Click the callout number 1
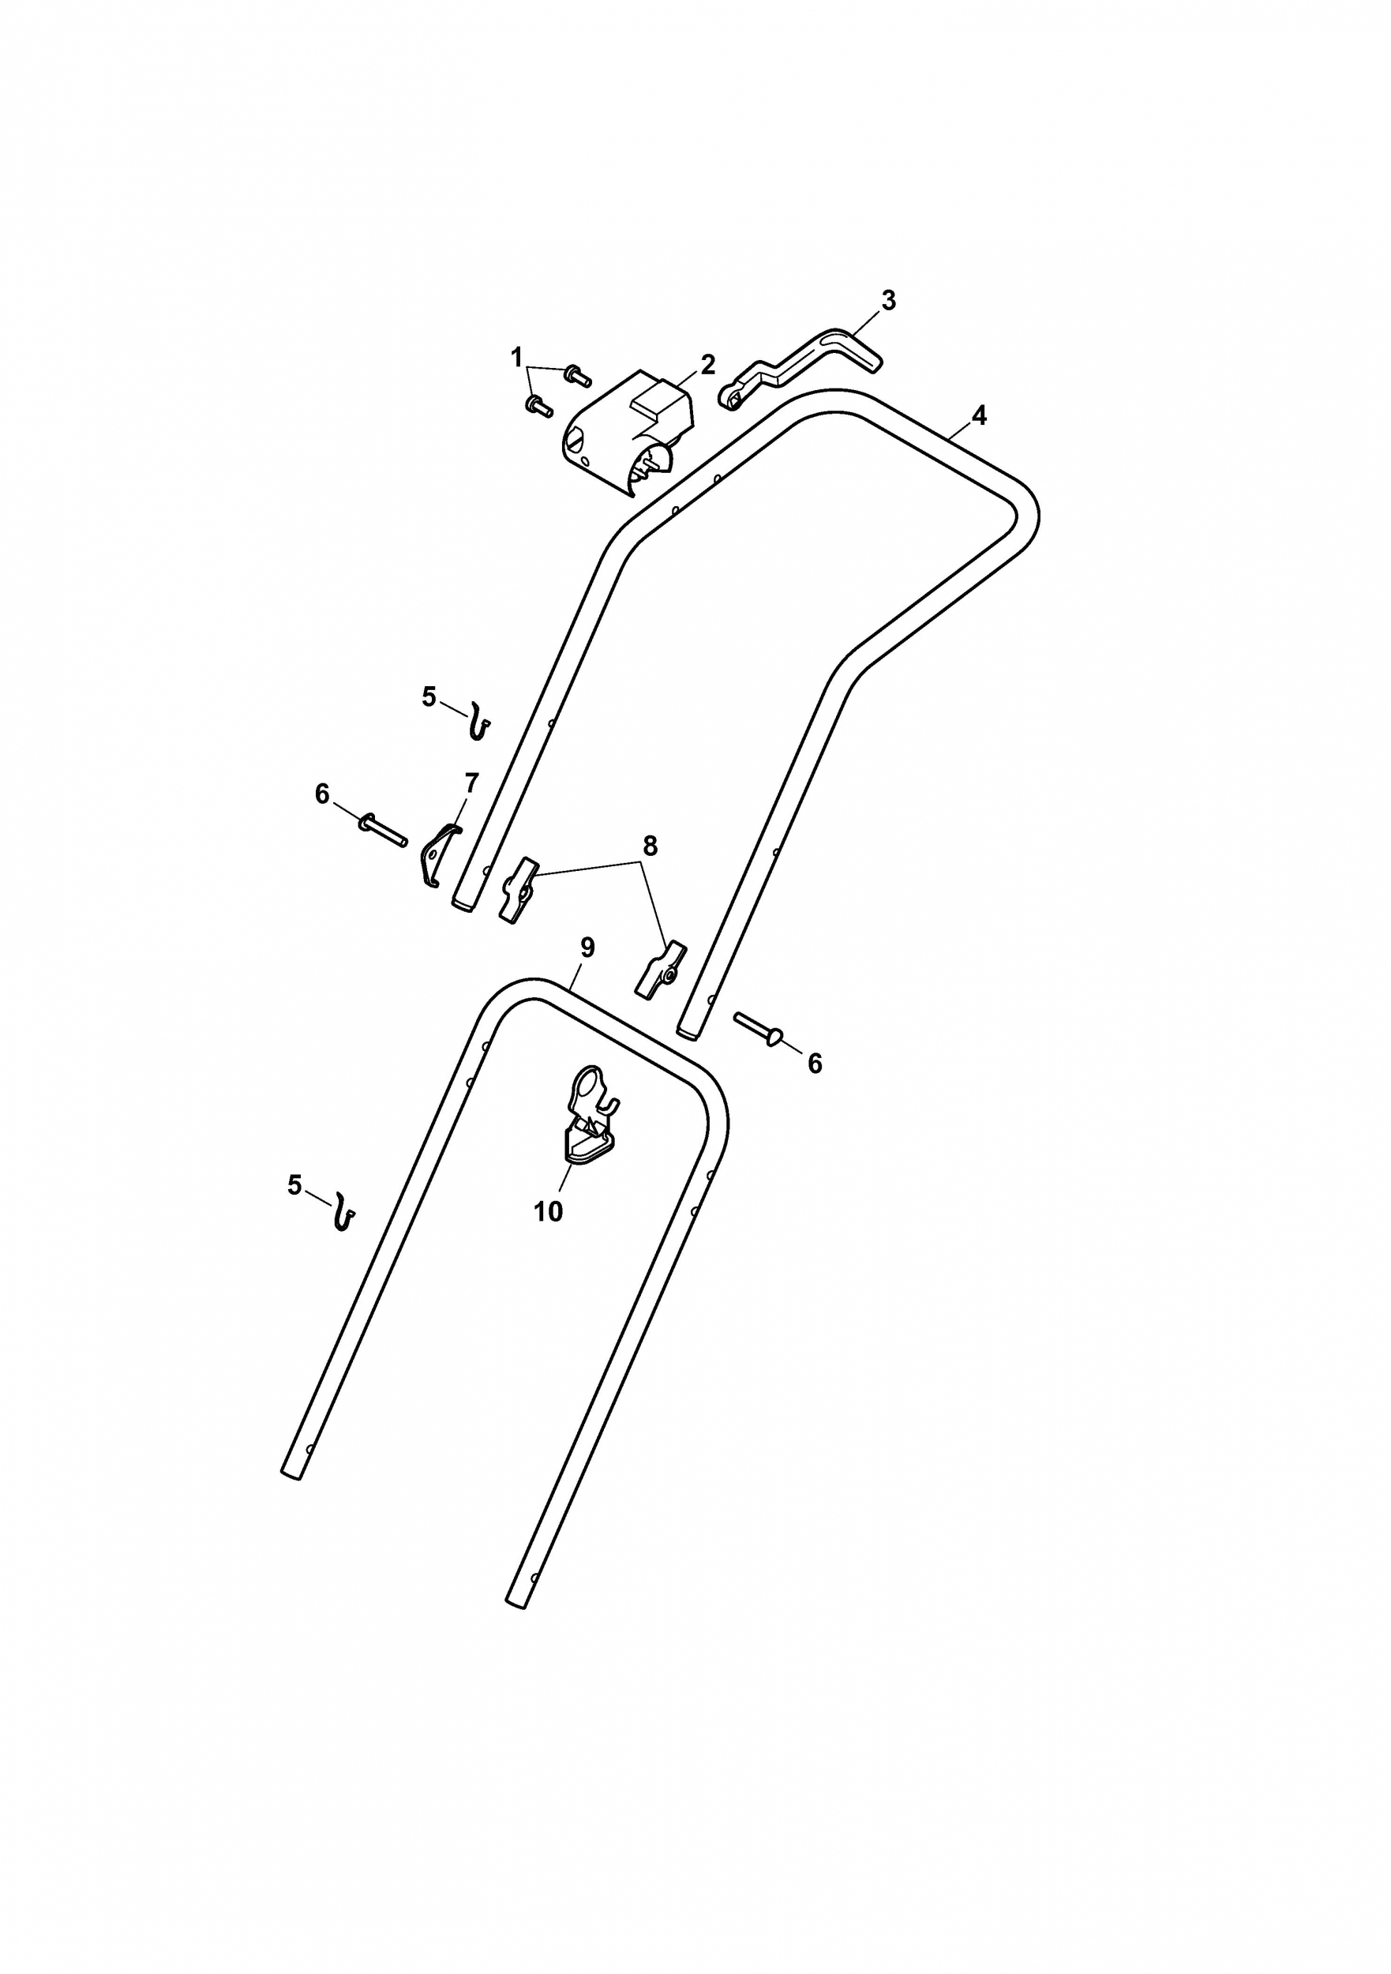click(516, 357)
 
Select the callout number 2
click(707, 365)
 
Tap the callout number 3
click(888, 301)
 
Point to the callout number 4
click(979, 415)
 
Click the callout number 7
click(471, 783)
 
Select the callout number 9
click(587, 948)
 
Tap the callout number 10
click(549, 1211)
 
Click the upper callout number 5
click(429, 696)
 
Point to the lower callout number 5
click(295, 1186)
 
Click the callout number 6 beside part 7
click(322, 794)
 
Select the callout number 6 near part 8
click(815, 1064)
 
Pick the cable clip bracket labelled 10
click(591, 1114)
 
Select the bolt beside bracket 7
click(383, 831)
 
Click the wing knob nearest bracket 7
click(516, 890)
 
